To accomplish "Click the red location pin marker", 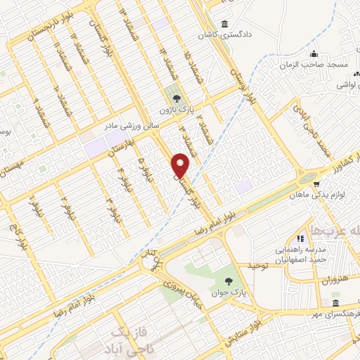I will pos(181,165).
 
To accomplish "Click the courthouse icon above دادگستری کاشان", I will pos(224,22).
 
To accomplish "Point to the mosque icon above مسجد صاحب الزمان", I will pos(314,53).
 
